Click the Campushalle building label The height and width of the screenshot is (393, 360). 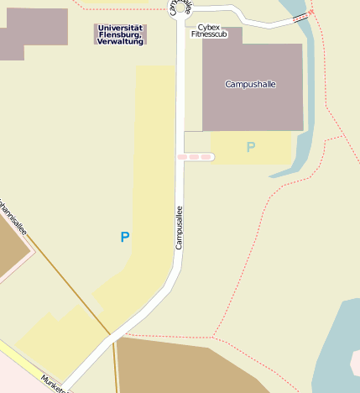coord(251,84)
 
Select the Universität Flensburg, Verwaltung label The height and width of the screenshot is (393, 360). coord(120,34)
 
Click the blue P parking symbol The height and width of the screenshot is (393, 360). coord(125,238)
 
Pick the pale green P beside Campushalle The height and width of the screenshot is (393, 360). coord(250,148)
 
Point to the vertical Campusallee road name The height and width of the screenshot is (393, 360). coord(179,228)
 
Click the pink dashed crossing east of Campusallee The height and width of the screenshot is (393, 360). coord(195,157)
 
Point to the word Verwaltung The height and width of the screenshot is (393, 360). coord(120,41)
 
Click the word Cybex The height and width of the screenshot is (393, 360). coord(208,27)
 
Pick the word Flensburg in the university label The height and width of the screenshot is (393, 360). coord(120,34)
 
